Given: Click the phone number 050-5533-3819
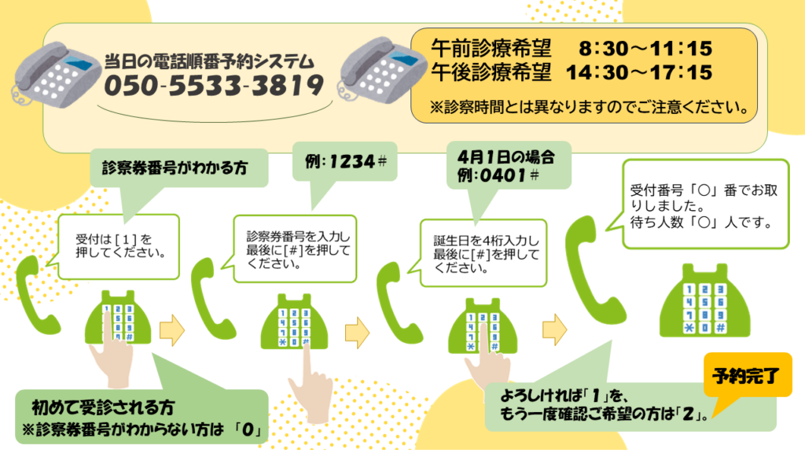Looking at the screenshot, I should [213, 85].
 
